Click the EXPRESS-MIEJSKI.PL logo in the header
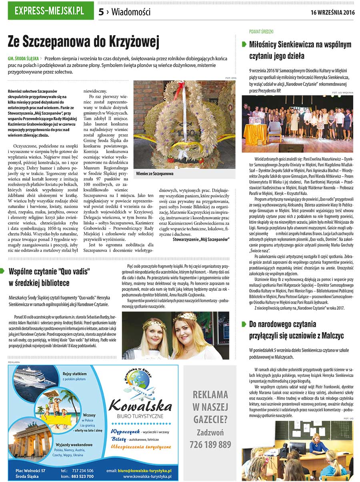coord(49,11)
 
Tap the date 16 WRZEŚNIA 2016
coord(332,12)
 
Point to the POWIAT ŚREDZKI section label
coord(261,31)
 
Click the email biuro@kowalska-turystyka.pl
coord(144,471)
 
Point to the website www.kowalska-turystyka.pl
coord(147,476)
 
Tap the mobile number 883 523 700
coord(82,476)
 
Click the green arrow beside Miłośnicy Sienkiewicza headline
coord(244,45)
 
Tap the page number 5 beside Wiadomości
coord(101,12)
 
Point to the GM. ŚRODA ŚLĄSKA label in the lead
coord(24,58)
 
